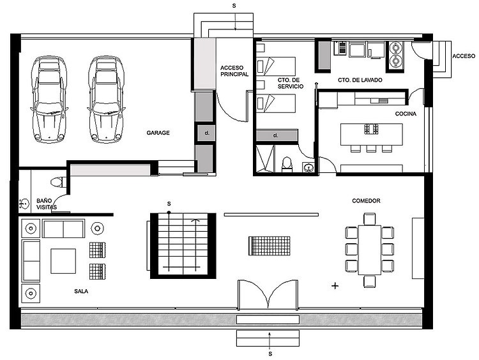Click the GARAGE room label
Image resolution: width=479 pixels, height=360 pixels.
tap(158, 133)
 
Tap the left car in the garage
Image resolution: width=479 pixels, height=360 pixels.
tap(49, 100)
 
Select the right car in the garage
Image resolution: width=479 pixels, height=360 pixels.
tap(106, 100)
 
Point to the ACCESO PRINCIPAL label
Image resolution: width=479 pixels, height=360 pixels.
tap(234, 71)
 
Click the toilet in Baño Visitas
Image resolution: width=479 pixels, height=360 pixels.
tap(58, 183)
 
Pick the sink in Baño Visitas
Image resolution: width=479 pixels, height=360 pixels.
tap(24, 203)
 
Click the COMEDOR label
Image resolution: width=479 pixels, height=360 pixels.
tap(366, 201)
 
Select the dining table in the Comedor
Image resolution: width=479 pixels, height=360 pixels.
tap(370, 250)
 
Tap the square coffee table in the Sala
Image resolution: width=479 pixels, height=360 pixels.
tap(63, 261)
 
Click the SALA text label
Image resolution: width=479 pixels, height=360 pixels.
tap(81, 291)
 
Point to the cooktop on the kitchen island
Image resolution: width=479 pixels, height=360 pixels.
tap(371, 129)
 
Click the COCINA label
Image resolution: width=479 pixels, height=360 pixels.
tap(406, 114)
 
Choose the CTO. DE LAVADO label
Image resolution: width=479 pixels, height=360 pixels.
tap(360, 80)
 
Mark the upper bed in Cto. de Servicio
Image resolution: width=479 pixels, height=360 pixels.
tap(276, 66)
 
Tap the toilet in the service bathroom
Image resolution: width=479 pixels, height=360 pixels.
tap(287, 164)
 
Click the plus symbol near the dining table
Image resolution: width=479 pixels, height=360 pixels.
tap(335, 286)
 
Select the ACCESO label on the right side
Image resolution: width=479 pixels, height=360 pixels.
tap(464, 56)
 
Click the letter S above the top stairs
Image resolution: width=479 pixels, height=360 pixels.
tap(234, 6)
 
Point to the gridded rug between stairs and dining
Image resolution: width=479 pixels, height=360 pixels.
tap(270, 246)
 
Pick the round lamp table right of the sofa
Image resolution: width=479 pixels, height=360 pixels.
tap(98, 228)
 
